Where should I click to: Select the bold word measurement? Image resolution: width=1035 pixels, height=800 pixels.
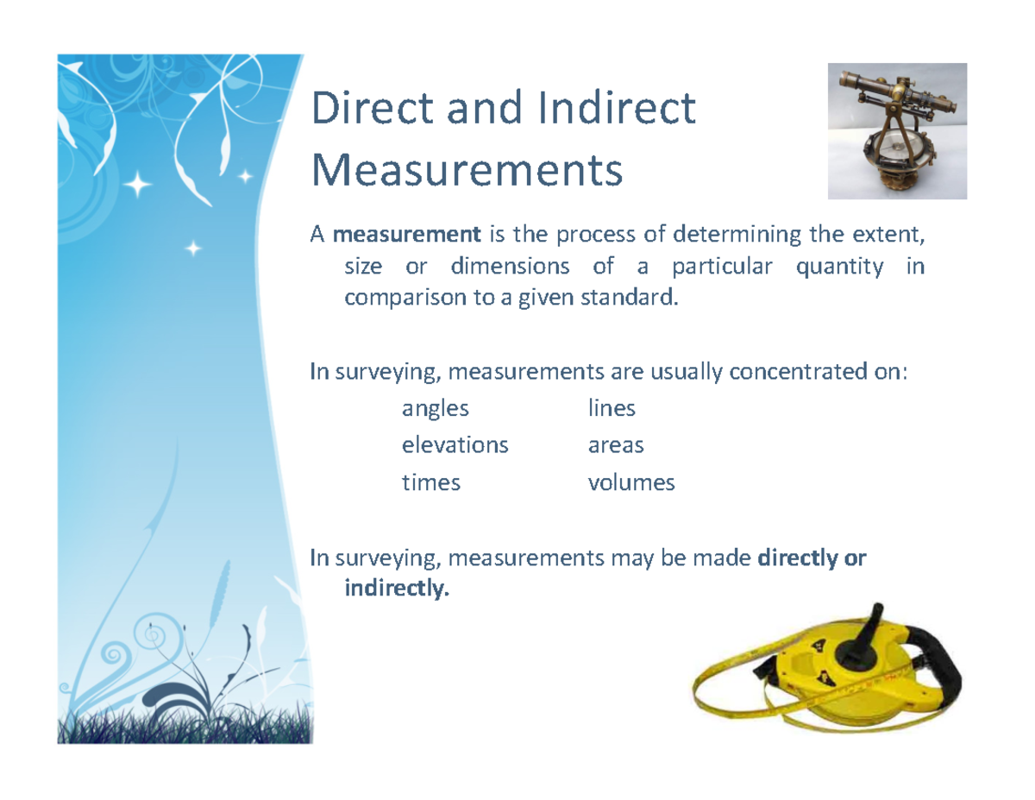click(406, 234)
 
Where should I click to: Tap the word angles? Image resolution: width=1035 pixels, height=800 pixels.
click(436, 408)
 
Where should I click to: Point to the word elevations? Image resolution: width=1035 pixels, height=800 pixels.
click(455, 445)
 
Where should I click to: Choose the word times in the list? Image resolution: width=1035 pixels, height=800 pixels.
click(430, 482)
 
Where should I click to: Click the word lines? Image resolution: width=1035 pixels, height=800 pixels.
click(612, 408)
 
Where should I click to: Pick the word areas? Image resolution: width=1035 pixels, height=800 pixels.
click(616, 445)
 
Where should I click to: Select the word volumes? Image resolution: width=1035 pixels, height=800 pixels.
click(631, 482)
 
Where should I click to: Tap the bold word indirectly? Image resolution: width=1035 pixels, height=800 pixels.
click(397, 590)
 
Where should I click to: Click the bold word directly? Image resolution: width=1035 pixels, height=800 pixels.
click(797, 558)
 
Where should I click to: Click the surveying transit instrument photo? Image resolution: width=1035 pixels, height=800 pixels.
click(897, 131)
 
